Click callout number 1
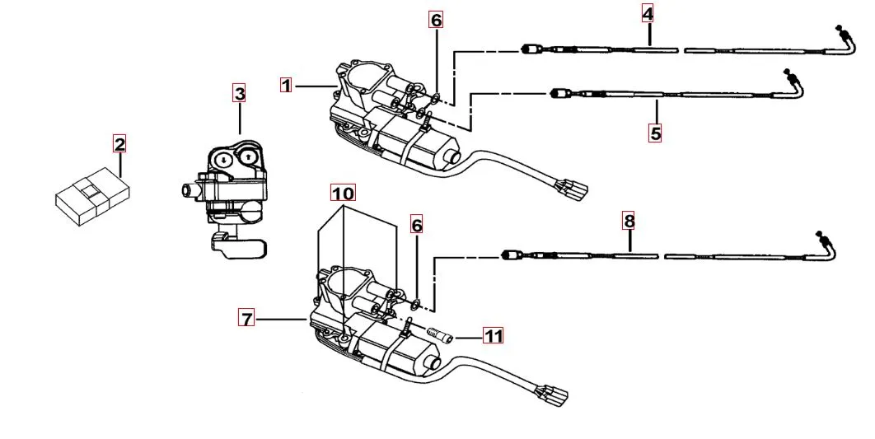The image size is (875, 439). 286,85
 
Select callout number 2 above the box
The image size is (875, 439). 120,146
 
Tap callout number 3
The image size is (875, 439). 240,94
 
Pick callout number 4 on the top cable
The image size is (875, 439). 648,14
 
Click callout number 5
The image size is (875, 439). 655,133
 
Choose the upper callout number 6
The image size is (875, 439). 437,19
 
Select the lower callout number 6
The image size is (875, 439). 417,225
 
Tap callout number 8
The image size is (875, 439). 629,221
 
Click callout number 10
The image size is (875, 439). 343,193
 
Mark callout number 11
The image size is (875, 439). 493,336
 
